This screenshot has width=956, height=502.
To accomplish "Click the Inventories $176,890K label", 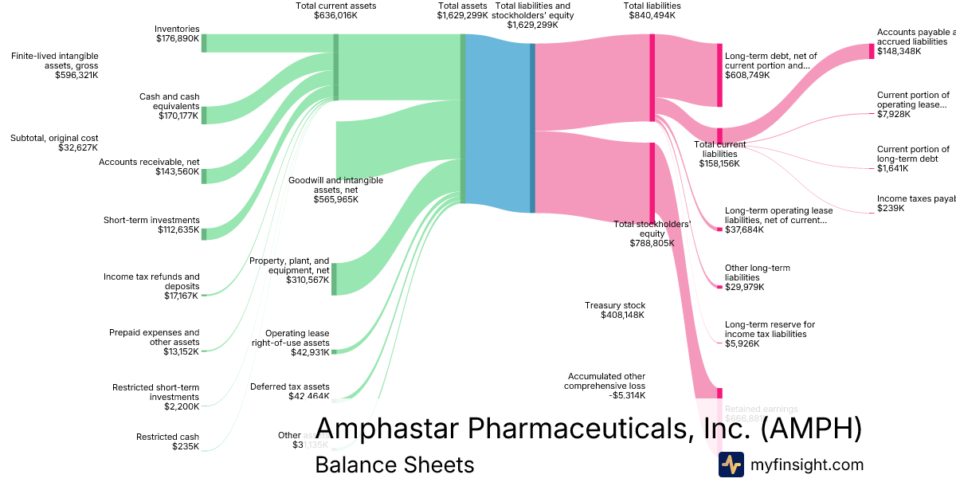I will click(177, 33).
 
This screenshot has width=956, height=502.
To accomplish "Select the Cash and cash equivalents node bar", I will click(204, 116).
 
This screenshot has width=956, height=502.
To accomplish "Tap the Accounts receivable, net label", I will click(149, 167).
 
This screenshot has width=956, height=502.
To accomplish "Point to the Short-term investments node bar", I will click(204, 233).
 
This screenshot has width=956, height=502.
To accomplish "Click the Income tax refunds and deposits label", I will click(151, 286).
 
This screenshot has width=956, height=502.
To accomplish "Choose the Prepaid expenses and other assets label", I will click(155, 342).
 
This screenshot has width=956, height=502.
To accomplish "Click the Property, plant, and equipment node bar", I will click(334, 279).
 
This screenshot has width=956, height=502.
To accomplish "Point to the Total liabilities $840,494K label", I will click(652, 10).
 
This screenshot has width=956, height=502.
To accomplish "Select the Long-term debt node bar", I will click(719, 75).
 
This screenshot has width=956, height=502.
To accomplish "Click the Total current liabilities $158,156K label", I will click(719, 154).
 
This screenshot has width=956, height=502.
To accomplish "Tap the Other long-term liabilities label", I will click(757, 277).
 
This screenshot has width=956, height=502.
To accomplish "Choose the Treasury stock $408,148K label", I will click(615, 310).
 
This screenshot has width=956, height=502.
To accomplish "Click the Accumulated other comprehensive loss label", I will click(606, 386).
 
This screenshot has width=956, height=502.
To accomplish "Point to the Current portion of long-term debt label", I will click(913, 159).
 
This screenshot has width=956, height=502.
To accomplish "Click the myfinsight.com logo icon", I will click(731, 465).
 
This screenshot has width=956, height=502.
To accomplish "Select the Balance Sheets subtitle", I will click(394, 465).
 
